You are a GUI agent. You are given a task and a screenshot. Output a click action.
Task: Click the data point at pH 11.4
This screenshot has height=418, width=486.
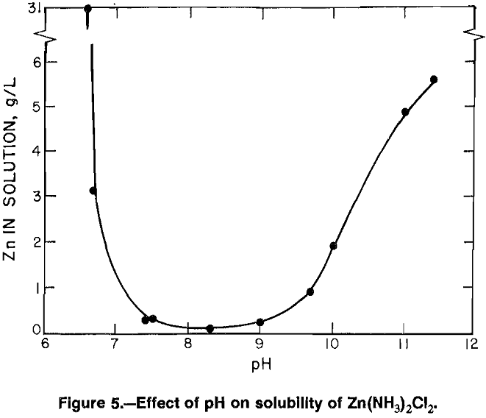coord(434,79)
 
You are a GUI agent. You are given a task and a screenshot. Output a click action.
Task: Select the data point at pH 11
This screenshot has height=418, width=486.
coord(405,112)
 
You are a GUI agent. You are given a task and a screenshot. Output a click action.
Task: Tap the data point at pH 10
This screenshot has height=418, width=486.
coord(333,246)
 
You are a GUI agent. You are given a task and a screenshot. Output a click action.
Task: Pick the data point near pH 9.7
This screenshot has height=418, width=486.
coord(310,291)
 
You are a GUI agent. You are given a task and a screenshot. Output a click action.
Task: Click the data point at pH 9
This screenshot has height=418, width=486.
coord(260,322)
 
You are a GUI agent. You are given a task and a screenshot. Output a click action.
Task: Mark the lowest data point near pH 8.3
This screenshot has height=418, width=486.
coord(210,328)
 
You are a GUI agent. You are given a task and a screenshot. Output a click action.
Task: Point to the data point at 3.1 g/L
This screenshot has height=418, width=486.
coord(93,191)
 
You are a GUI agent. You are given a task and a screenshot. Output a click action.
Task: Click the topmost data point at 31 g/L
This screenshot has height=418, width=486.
coord(87,9)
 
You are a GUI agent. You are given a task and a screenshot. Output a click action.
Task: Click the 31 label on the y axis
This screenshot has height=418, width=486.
coord(32,10)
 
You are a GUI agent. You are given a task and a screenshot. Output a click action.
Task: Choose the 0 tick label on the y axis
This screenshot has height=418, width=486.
coord(35,331)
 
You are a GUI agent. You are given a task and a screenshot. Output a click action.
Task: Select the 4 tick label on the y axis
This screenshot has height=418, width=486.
coord(35,151)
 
